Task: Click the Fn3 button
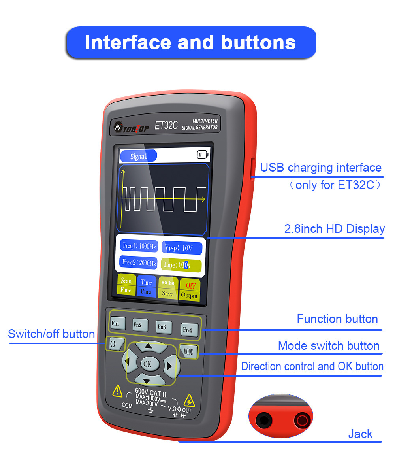pos(163,327)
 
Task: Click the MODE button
pos(188,351)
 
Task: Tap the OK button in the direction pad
pos(148,364)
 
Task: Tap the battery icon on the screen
pos(203,155)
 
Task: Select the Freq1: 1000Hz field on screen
pos(139,246)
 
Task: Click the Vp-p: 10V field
pos(182,248)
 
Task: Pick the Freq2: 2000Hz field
pos(139,262)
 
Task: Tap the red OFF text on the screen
pos(190,286)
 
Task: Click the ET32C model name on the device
pos(166,126)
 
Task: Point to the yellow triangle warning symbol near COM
pos(117,392)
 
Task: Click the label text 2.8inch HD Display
pos(334,229)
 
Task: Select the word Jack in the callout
pos(360,434)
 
